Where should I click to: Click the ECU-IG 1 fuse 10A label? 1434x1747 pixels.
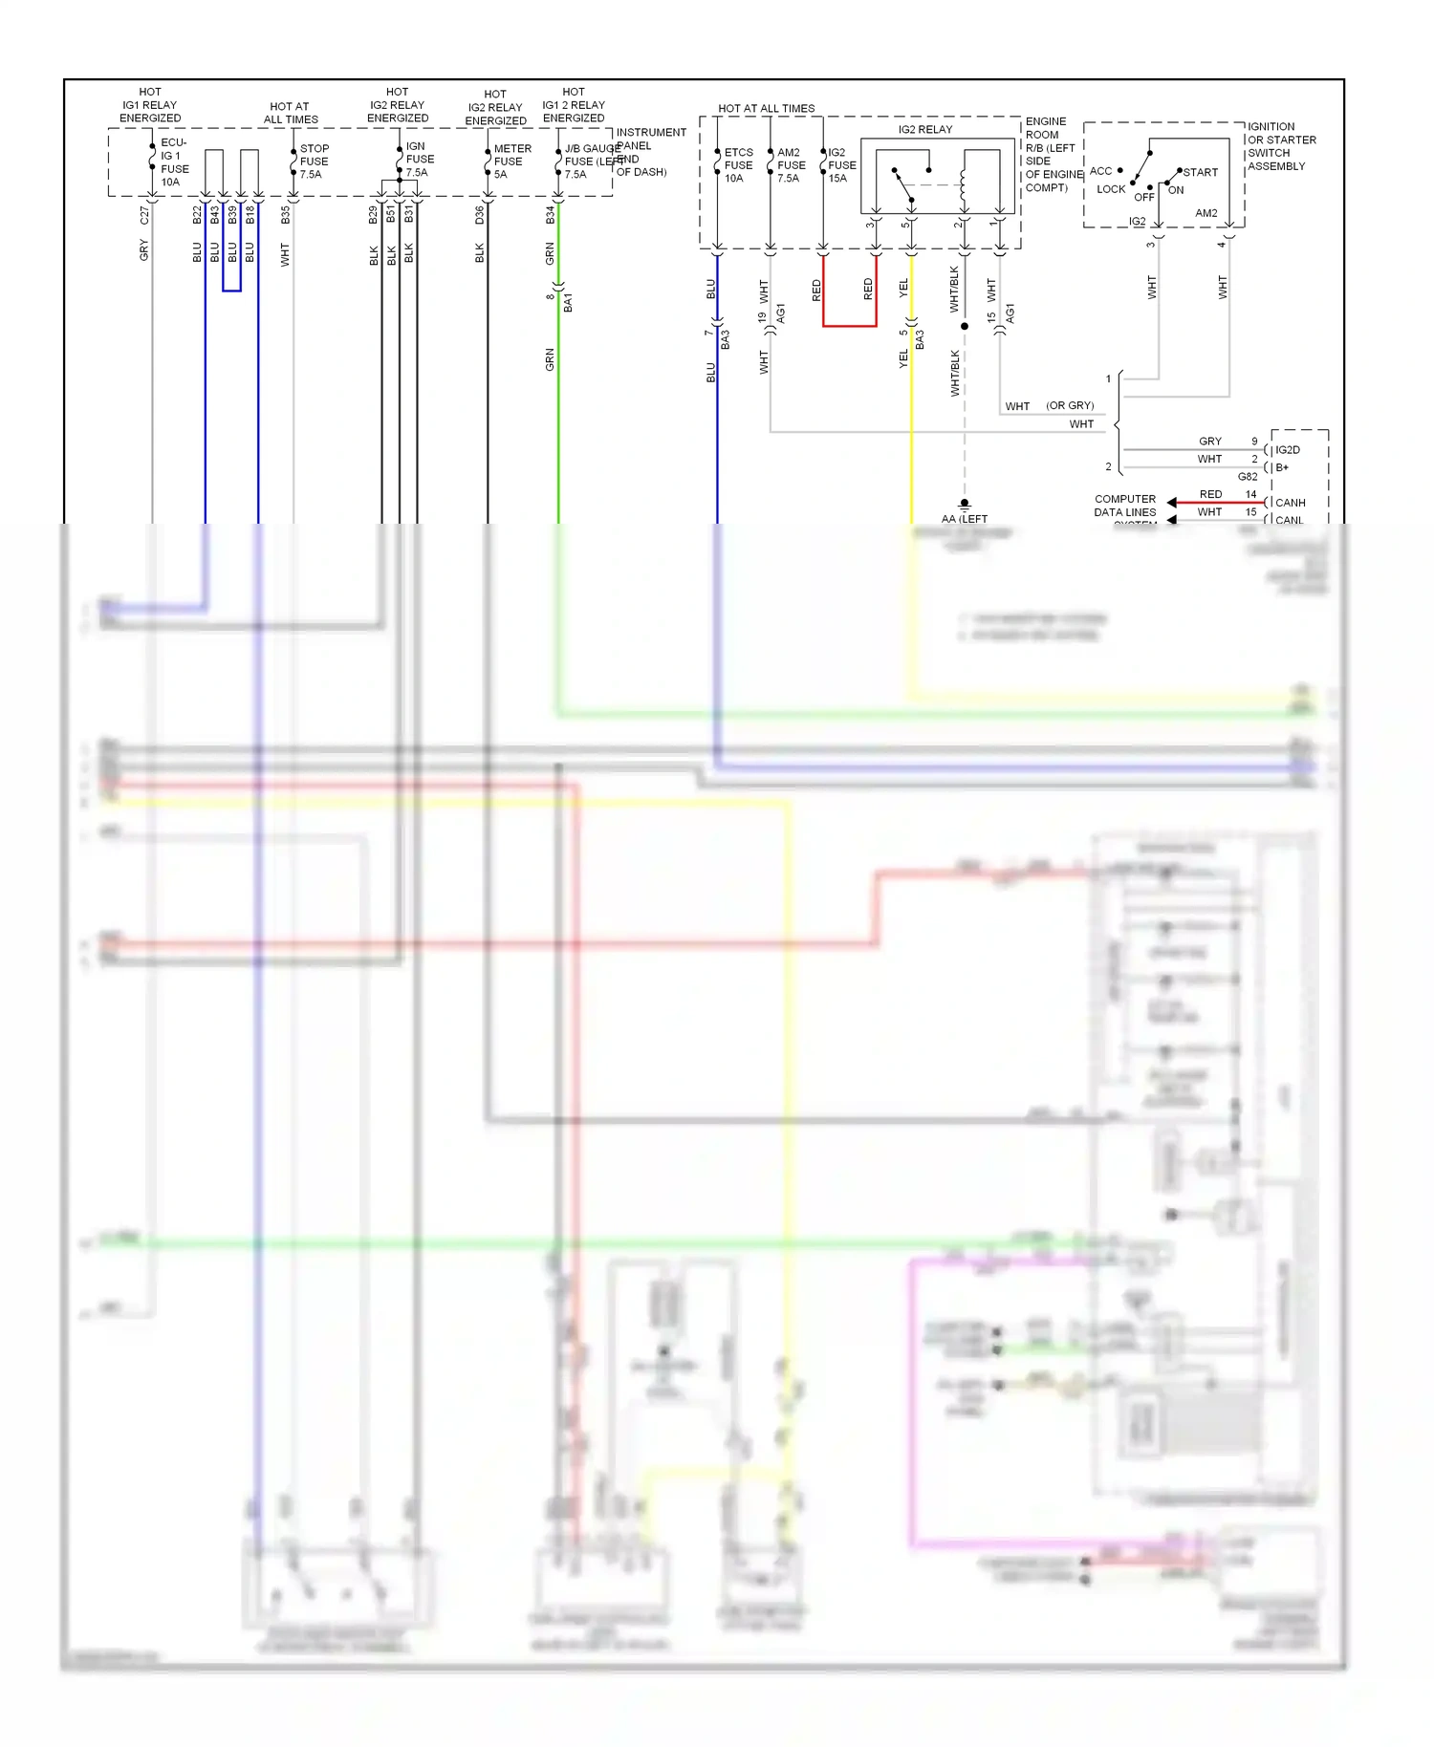173,162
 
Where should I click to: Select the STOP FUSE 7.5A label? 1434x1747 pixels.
314,162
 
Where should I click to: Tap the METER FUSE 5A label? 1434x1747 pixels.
511,162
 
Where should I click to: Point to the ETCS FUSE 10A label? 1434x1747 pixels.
737,165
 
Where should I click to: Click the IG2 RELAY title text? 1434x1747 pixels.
924,129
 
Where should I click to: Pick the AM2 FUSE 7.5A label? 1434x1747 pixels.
790,165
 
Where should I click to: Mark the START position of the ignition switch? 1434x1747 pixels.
1200,172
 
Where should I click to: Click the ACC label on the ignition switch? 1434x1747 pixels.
1100,171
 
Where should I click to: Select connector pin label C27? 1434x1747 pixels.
144,215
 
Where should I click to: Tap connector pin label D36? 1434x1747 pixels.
479,215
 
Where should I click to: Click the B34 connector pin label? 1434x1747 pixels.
550,215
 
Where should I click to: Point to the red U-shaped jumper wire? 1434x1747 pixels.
849,325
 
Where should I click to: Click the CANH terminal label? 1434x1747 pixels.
1290,503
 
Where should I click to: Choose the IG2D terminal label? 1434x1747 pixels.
1287,450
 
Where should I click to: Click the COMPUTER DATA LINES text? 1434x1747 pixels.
1125,506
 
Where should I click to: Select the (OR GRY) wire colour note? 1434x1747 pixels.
1069,406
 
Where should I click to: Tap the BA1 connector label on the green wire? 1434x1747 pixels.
568,303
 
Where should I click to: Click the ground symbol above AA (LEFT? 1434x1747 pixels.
965,503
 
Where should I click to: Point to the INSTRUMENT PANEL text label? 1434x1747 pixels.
650,139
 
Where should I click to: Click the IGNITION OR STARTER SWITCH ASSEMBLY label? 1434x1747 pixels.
1281,146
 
